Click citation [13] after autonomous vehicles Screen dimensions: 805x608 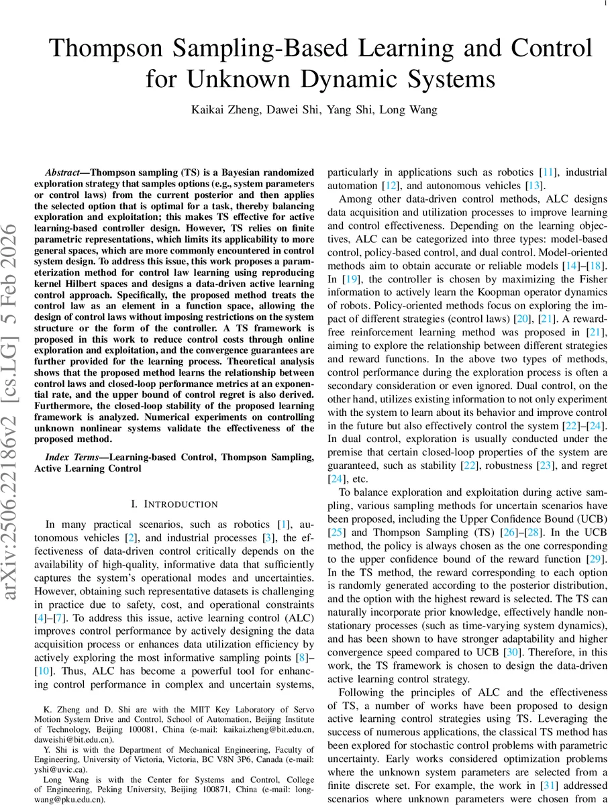click(x=535, y=185)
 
